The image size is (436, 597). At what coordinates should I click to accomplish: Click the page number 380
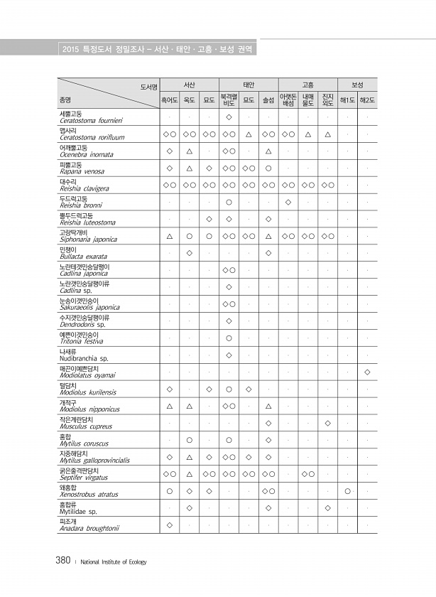coord(62,560)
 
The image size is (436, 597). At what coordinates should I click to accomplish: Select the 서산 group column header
coord(189,85)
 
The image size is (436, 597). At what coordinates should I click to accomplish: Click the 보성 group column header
coord(357,85)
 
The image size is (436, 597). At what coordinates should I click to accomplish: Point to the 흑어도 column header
coord(170,101)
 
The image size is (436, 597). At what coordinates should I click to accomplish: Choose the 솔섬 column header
coord(268,101)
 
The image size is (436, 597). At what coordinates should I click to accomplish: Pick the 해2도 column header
coord(367,101)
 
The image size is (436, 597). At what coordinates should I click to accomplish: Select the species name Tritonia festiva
coord(82,341)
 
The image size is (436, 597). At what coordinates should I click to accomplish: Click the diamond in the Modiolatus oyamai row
coord(367,372)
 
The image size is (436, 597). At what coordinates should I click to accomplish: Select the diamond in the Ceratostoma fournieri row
coord(229,117)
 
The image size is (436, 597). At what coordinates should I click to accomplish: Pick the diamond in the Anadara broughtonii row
coord(170,525)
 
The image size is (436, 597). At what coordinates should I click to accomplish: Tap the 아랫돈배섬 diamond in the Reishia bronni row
coord(288,202)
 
